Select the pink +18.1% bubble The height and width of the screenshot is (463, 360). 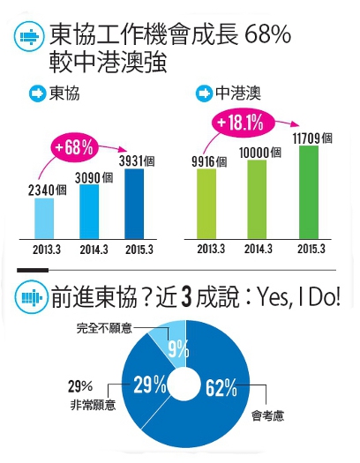(239, 123)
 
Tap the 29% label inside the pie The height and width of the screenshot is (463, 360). (150, 385)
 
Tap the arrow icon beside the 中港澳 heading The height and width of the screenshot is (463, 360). (202, 93)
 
